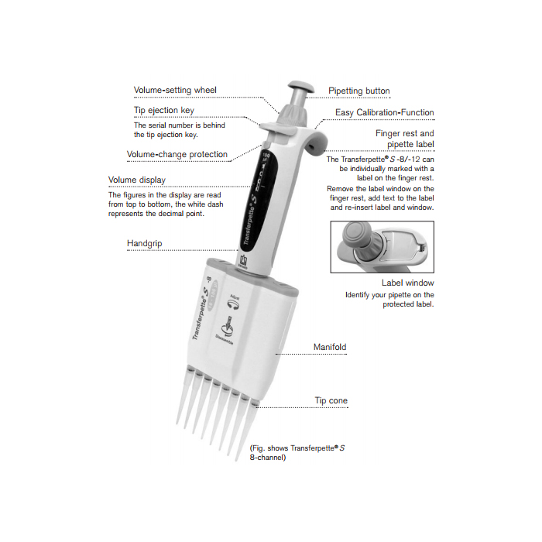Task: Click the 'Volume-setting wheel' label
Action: [x=175, y=90]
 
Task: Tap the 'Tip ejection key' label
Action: [x=164, y=111]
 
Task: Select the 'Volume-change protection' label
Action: [x=177, y=154]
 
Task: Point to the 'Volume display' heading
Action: [x=137, y=181]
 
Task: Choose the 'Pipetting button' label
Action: [x=358, y=91]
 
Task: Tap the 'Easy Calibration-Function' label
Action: [x=384, y=113]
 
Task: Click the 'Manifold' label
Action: [x=329, y=346]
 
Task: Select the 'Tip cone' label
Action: [x=331, y=400]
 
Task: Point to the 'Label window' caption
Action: [x=407, y=283]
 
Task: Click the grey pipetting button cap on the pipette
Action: [x=299, y=85]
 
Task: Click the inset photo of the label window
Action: [x=382, y=247]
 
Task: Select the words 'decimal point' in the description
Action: [x=181, y=214]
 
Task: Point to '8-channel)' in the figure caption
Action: [x=268, y=458]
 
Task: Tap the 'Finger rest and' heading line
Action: [x=404, y=133]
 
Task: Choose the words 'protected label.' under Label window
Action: [x=408, y=304]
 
